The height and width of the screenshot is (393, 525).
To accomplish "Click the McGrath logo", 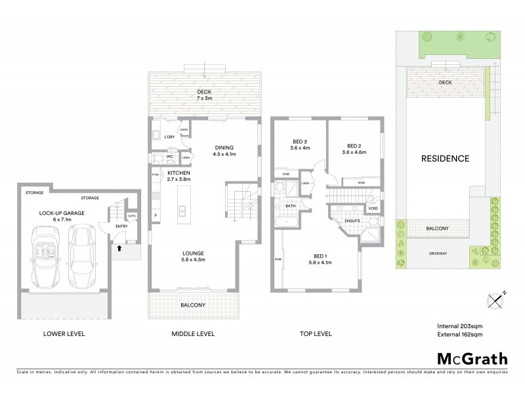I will point(472,358).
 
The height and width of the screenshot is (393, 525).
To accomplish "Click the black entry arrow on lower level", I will point(119,248).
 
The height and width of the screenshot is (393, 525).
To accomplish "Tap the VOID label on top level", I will point(373,208).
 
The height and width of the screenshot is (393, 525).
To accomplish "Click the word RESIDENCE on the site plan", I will point(445,159).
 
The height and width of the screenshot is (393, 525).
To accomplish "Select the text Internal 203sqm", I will point(461,326).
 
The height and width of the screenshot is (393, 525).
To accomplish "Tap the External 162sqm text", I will point(461,335).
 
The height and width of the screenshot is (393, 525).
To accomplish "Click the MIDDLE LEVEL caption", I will point(195,333).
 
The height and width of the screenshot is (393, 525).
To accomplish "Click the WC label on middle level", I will point(169,157).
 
